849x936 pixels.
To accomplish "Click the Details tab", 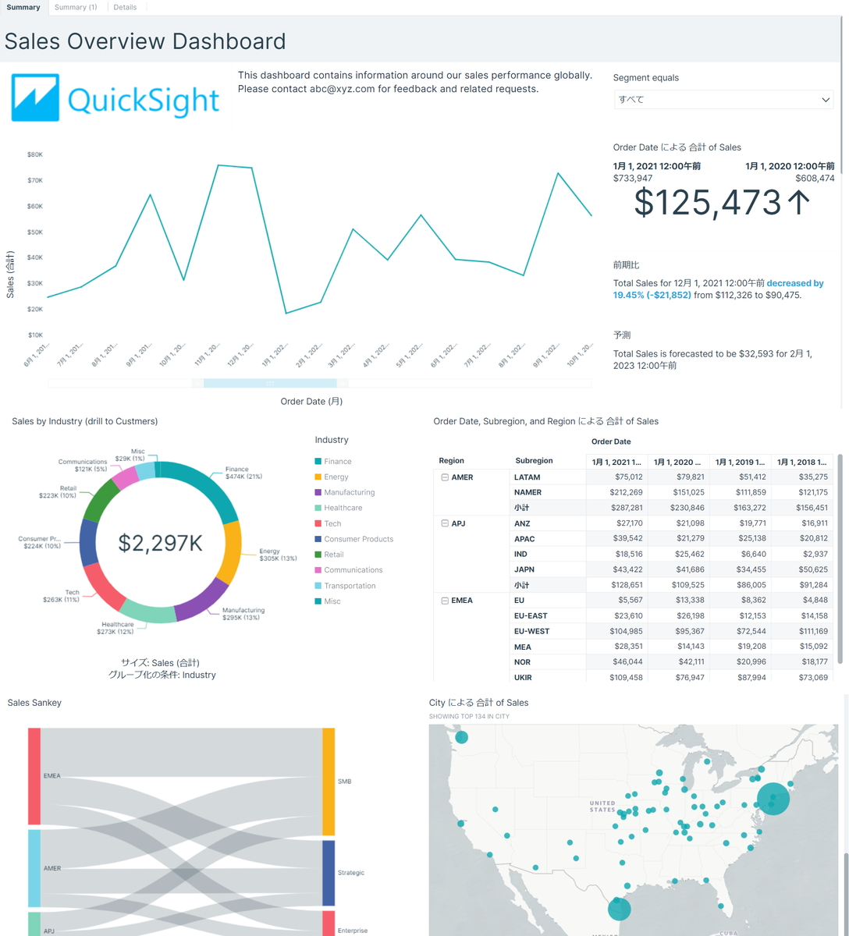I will [125, 7].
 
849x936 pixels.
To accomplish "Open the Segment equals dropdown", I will [723, 100].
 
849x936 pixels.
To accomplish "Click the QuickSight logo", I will [115, 98].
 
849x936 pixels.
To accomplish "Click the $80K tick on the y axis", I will [35, 154].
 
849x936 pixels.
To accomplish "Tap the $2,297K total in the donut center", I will [160, 543].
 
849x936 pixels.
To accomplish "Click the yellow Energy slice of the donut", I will [229, 552].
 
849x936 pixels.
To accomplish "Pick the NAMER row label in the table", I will [528, 492].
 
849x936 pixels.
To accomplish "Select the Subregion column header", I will [534, 461].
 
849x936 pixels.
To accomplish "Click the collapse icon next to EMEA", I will [445, 601].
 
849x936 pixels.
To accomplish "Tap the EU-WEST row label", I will [531, 631].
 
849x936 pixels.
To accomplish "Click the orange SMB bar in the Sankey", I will [329, 782].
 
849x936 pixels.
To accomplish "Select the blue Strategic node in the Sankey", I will [329, 872].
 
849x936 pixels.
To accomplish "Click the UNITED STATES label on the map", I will [602, 807].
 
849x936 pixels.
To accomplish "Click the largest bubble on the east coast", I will [773, 799].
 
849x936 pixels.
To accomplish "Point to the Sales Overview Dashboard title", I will [145, 41].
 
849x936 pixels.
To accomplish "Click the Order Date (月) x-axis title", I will [311, 402].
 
